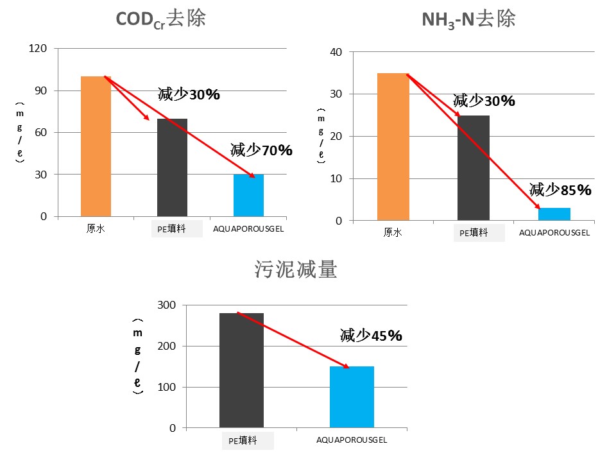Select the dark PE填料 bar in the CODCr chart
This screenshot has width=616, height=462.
tap(172, 167)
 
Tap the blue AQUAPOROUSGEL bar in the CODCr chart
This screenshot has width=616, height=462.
tap(248, 195)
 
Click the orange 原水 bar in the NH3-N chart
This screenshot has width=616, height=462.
tap(393, 147)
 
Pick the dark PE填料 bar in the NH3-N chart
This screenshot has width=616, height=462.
tap(474, 168)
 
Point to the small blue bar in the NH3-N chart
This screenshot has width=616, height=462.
tap(554, 214)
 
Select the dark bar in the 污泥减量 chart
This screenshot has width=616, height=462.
tap(241, 370)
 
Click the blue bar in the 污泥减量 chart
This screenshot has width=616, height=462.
tap(352, 397)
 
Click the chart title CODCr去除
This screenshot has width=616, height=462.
tap(160, 19)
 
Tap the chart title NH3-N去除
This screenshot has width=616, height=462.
tap(468, 19)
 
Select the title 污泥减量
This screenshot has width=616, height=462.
tap(296, 270)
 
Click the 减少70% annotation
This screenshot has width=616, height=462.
tap(261, 151)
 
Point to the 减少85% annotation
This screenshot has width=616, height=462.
tap(560, 190)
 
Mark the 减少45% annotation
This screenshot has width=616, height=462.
tap(371, 335)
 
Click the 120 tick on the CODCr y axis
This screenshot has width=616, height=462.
tap(39, 48)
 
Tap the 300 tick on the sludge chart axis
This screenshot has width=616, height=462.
tap(166, 305)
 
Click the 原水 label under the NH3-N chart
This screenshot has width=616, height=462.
tap(393, 233)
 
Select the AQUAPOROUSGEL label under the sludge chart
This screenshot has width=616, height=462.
tap(352, 440)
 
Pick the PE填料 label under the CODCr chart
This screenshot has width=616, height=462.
tap(172, 228)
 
